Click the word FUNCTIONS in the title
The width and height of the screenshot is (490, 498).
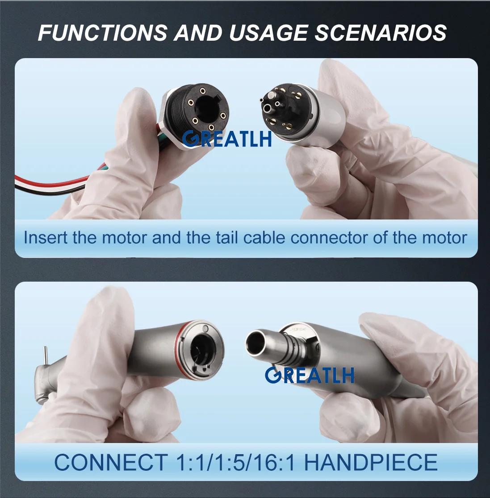pos(102,33)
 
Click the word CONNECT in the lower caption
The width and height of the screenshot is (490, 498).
pos(110,462)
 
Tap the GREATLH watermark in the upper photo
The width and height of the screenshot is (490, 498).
pos(227,139)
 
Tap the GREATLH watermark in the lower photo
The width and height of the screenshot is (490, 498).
pos(310,375)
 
